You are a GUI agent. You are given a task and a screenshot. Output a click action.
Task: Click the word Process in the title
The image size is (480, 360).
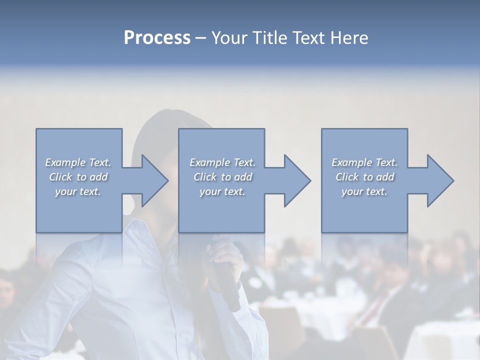(157, 37)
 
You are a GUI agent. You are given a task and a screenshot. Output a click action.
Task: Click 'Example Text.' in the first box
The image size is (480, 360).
(78, 162)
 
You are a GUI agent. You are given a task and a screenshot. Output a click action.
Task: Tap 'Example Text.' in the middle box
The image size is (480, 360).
(222, 162)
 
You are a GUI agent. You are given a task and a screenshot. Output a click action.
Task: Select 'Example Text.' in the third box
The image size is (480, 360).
(364, 162)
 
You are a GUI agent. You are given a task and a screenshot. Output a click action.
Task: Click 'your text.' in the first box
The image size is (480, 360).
(78, 191)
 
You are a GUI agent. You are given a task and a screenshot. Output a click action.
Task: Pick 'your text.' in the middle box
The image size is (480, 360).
(222, 191)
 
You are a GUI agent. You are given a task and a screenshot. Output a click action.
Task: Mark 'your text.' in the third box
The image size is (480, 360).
(364, 191)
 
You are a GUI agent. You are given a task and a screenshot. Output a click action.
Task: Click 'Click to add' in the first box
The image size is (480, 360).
(78, 177)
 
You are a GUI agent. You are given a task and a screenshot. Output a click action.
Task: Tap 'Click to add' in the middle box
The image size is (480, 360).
(222, 177)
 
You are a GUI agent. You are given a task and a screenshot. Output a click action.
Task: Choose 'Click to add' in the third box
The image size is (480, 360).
(364, 177)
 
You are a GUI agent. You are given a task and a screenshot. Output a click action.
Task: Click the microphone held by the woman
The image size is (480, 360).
(229, 285)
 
